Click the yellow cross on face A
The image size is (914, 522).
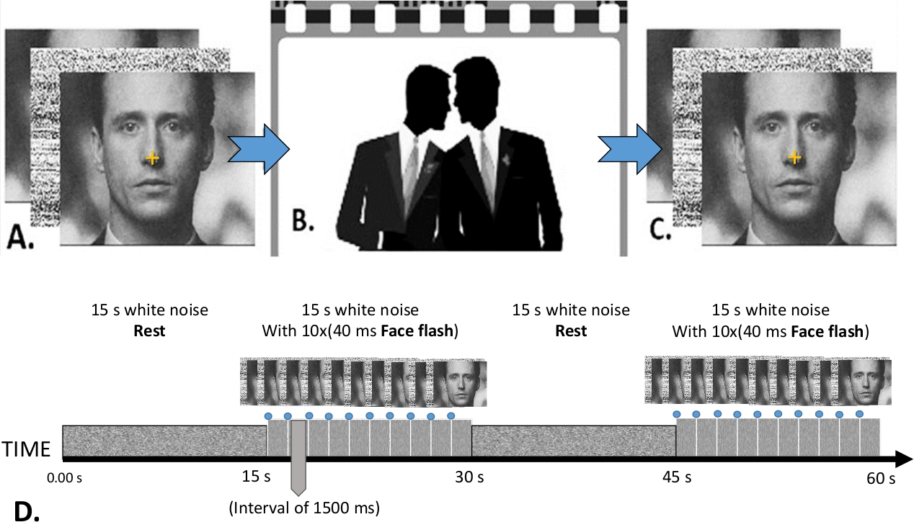point(151,157)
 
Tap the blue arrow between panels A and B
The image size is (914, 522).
point(259,148)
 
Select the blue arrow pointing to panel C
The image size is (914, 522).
point(629,148)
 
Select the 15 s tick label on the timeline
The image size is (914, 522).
point(256,477)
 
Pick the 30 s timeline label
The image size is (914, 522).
point(469,477)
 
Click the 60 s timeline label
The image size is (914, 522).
point(880,477)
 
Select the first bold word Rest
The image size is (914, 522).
point(150,331)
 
